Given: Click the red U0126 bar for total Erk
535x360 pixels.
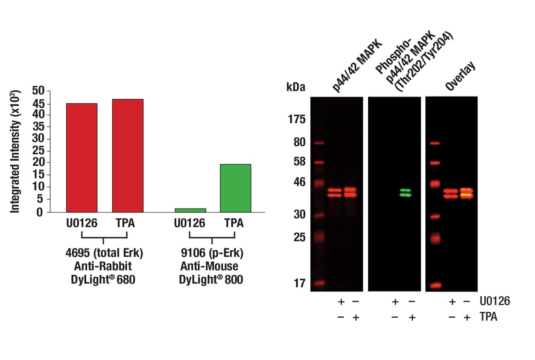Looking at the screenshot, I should (82, 157).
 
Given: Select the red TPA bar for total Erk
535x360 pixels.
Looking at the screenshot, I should (128, 156).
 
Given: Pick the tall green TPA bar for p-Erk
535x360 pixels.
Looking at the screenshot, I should (235, 188).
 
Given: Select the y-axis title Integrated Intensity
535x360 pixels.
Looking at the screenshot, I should (15, 149).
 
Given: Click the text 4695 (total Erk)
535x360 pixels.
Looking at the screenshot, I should (104, 254).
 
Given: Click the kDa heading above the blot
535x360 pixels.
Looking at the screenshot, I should (295, 87).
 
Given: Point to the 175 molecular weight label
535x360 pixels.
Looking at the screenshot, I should (296, 120).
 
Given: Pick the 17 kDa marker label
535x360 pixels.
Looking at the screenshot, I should (299, 283).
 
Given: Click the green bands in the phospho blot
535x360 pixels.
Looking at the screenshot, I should (406, 193).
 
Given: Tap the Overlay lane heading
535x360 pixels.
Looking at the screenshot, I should (460, 76).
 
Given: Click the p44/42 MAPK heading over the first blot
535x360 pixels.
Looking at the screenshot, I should (357, 66).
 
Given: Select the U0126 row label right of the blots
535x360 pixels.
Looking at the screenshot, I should (494, 301).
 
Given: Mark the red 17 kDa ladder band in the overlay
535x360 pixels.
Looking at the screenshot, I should (435, 285).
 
